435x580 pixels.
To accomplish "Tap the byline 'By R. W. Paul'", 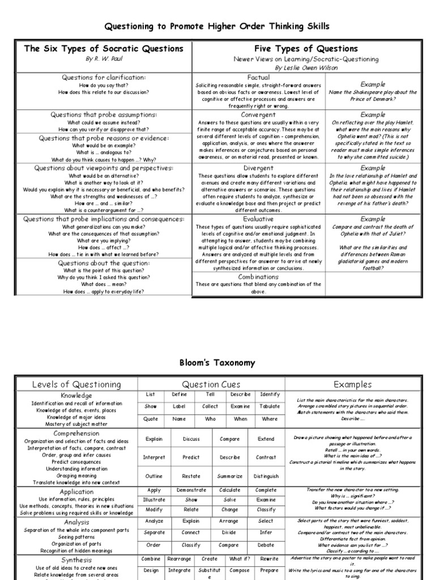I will click(104, 59).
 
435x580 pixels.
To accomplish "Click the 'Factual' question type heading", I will click(258, 76).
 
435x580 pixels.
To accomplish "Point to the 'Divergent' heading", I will click(258, 168).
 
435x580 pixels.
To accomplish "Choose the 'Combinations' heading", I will click(258, 277).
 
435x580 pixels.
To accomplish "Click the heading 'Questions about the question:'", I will click(104, 263).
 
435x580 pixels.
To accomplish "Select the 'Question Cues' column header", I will click(212, 385).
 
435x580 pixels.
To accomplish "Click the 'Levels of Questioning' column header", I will click(76, 385).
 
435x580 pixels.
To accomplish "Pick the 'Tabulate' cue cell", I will click(270, 406).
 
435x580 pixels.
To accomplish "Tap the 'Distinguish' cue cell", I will click(266, 476).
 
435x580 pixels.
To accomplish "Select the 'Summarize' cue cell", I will click(229, 476).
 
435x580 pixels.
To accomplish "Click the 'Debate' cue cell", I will click(266, 545).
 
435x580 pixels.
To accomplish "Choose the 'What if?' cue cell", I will click(239, 559).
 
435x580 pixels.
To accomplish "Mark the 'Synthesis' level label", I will click(76, 560).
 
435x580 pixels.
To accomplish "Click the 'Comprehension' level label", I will click(76, 433).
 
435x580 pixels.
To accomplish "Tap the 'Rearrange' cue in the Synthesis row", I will click(180, 559).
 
